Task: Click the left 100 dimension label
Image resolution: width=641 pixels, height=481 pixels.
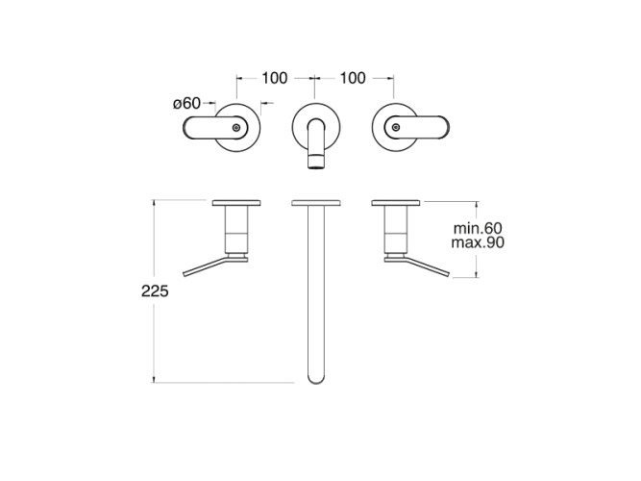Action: tap(274, 78)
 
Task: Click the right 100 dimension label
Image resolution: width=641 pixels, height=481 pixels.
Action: tap(353, 78)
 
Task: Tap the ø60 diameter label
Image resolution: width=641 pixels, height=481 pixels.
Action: tap(186, 103)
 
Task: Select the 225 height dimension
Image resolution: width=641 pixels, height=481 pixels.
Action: tap(155, 291)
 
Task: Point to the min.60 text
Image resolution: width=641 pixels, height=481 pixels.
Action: tap(478, 228)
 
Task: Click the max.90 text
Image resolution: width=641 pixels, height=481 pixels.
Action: tap(478, 242)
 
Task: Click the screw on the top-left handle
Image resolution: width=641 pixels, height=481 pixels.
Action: tap(235, 128)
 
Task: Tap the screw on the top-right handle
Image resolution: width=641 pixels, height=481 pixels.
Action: tap(395, 127)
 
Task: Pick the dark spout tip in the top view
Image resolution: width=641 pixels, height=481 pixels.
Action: tap(316, 162)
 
